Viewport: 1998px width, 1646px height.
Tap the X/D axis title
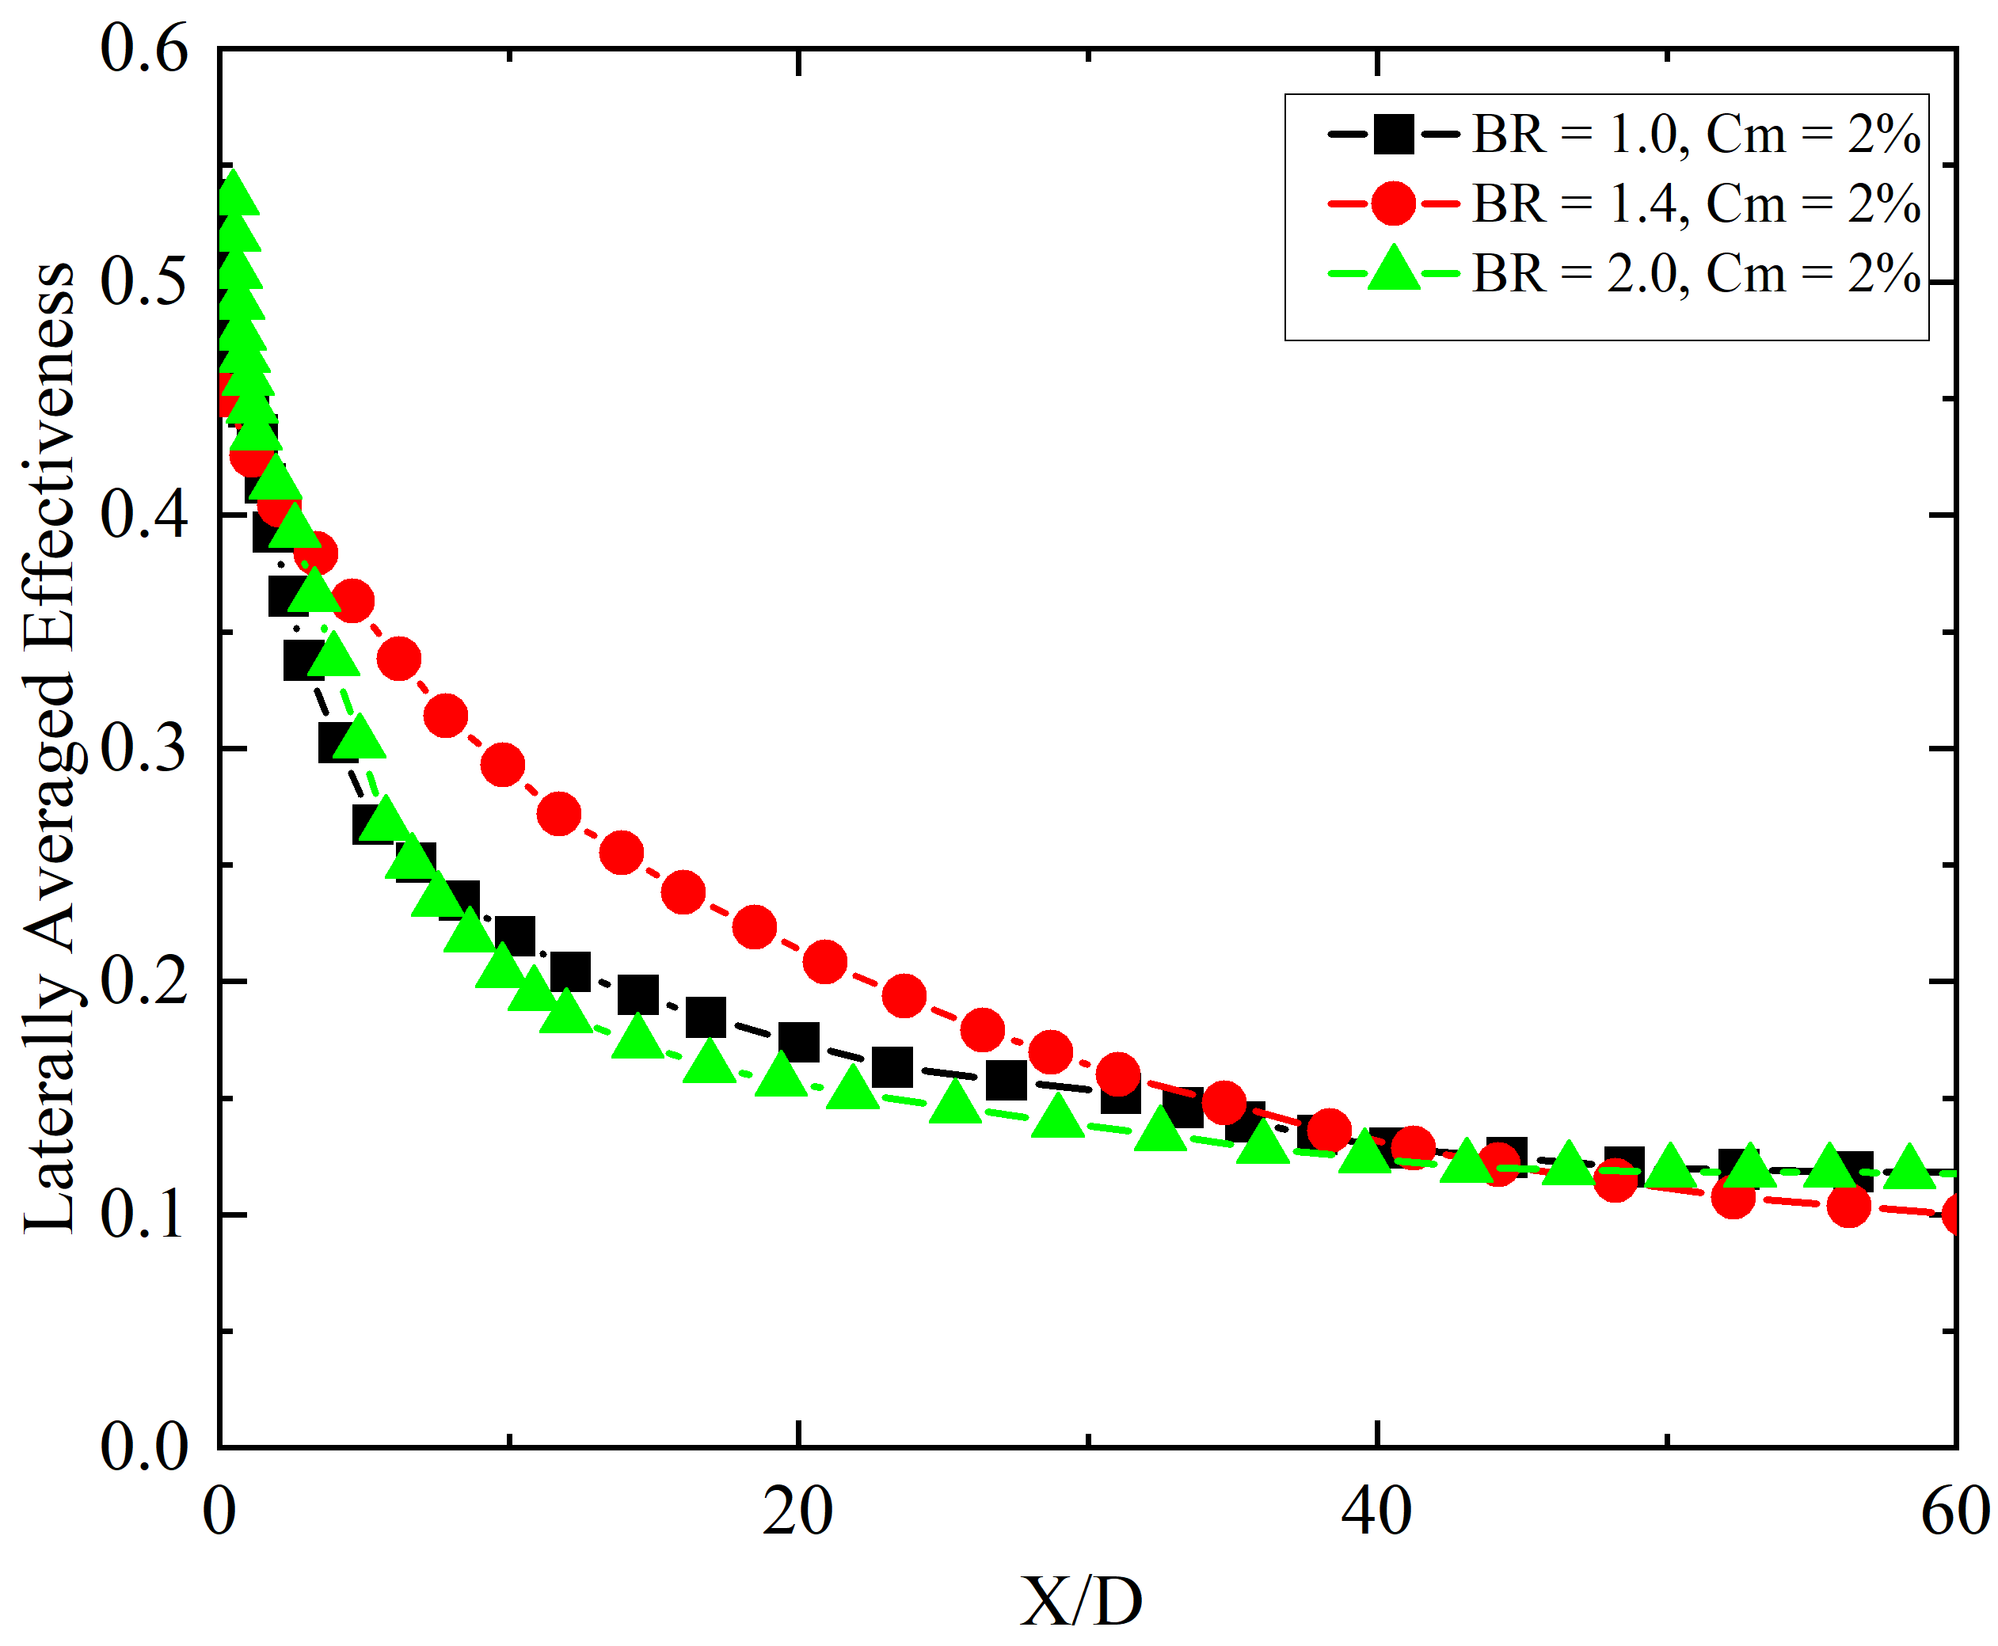[1081, 1602]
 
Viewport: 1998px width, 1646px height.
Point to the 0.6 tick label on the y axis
[144, 49]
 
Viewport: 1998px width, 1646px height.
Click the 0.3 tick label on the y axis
[144, 749]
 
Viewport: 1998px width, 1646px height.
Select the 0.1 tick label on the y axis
[144, 1215]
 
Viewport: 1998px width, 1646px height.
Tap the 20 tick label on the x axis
[797, 1511]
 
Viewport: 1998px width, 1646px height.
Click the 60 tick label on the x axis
[1954, 1511]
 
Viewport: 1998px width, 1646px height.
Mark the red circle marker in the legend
[1393, 203]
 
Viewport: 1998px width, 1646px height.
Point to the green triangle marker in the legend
[1393, 270]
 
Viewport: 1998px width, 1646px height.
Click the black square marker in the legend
[1393, 134]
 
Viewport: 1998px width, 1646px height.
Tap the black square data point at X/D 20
[798, 1043]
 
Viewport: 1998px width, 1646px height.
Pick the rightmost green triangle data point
[1908, 1167]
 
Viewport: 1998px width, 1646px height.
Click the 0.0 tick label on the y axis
[144, 1448]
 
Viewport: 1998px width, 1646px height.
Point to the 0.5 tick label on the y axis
[144, 283]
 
